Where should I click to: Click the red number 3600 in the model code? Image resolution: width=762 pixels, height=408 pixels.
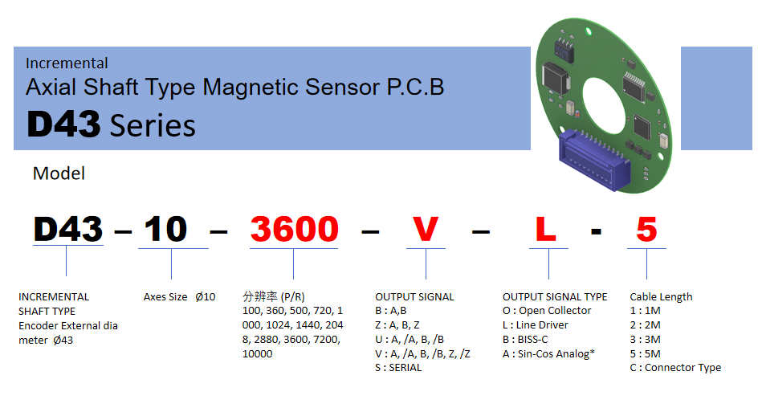294,229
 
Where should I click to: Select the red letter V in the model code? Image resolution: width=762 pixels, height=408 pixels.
426,229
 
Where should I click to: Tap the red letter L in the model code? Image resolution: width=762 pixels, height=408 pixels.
546,229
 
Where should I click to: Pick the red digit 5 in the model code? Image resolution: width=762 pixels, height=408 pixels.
646,229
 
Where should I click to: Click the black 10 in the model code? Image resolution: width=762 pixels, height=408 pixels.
165,229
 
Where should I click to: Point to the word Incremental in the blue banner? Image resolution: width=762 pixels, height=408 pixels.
67,63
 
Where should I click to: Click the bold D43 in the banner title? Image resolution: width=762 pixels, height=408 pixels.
63,124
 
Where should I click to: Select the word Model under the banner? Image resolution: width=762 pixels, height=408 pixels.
59,173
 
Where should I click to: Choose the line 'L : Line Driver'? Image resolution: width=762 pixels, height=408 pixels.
535,324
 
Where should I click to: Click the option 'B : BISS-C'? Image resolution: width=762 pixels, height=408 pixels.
525,340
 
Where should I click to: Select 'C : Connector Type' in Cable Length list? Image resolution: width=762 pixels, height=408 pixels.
675,368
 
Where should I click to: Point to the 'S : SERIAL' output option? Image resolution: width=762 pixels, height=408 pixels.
398,368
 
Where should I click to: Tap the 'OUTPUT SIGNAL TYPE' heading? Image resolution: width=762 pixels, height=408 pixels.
555,296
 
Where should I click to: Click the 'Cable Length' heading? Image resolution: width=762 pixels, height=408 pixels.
661,296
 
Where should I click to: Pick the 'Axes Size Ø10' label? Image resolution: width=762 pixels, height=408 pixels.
179,296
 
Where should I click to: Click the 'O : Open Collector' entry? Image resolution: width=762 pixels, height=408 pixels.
547,311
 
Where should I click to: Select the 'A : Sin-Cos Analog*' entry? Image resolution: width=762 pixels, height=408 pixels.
548,354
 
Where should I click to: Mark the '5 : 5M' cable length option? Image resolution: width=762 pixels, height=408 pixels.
646,353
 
